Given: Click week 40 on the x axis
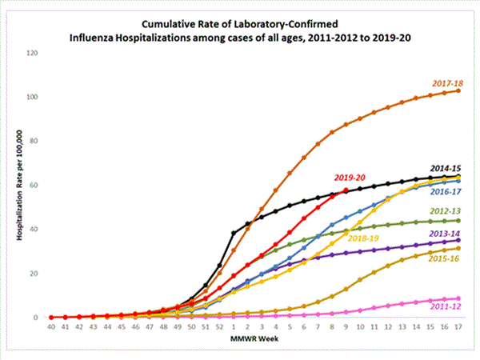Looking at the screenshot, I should click(x=50, y=327).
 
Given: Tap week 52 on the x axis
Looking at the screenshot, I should click(x=219, y=327).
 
